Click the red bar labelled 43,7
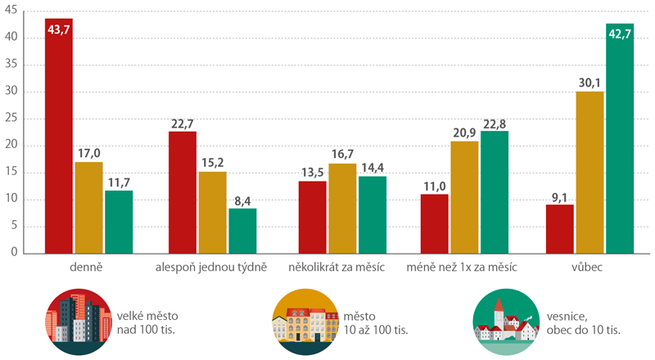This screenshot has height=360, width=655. tap(58, 139)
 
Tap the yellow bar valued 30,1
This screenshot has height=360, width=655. tap(589, 172)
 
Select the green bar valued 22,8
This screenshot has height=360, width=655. tap(496, 192)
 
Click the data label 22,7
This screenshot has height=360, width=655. tap(182, 124)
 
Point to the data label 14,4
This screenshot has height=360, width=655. tap(373, 169)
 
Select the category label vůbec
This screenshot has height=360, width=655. tap(589, 268)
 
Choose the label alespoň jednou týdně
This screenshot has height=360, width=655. tap(211, 268)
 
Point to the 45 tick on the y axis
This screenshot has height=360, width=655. tap(16, 12)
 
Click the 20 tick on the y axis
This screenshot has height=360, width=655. tap(16, 146)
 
